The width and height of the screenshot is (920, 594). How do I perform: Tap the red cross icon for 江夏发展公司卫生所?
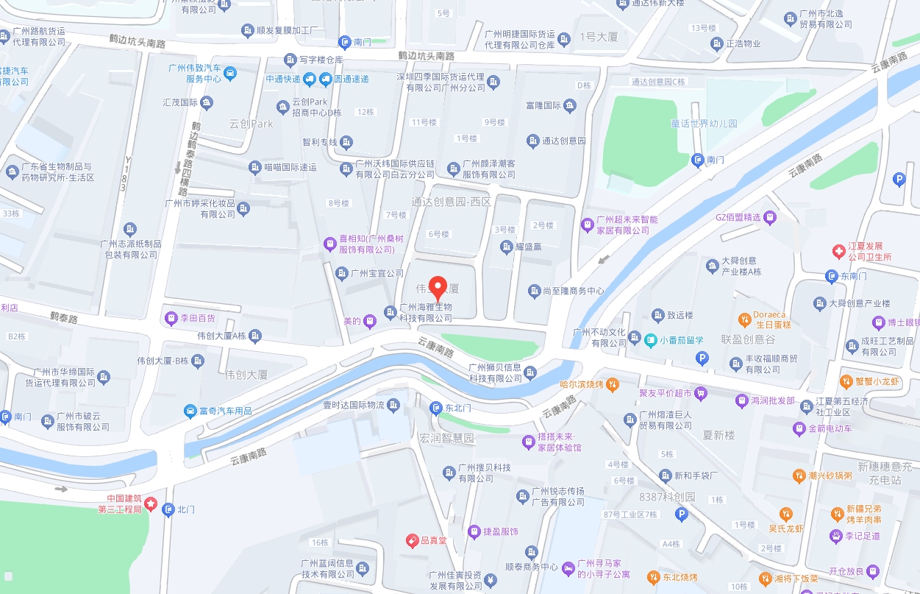(838, 252)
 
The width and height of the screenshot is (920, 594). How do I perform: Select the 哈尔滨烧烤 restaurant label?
(581, 384)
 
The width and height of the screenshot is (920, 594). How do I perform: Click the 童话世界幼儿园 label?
(704, 124)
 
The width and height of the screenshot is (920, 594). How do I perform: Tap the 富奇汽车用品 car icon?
(191, 410)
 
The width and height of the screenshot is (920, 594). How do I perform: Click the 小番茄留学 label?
(681, 340)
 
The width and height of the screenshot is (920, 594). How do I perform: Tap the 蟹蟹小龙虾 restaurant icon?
(846, 381)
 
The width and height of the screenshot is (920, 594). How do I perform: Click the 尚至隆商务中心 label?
(573, 291)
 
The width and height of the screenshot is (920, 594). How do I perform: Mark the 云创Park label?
(252, 124)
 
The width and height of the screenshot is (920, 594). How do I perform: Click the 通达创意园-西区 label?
(451, 201)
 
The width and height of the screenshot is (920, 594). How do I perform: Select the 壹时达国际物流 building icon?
(394, 405)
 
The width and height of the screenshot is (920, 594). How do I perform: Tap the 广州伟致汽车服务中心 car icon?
(230, 73)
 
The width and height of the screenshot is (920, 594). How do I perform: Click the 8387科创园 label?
(667, 497)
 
